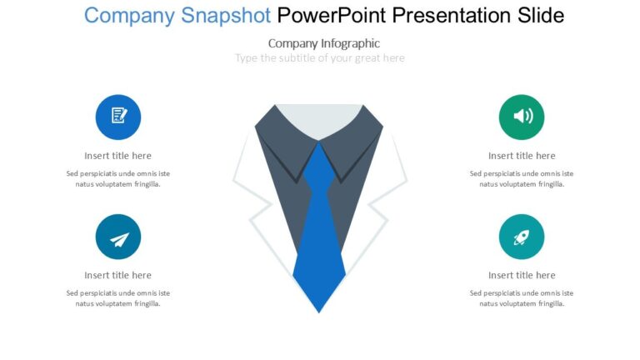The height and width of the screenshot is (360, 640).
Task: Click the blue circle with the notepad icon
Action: (x=118, y=117)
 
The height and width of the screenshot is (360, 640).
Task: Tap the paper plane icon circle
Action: (x=118, y=237)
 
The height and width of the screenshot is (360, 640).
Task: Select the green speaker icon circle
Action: (x=522, y=117)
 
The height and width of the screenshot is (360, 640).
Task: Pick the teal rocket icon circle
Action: (x=522, y=237)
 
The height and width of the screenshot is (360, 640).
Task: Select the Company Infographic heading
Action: (x=324, y=43)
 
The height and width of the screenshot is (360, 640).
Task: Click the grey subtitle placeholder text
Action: (x=320, y=58)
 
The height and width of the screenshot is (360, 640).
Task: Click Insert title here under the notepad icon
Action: (x=118, y=156)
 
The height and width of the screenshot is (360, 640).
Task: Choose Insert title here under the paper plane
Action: (x=118, y=276)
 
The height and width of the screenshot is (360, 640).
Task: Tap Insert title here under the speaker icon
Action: (x=522, y=156)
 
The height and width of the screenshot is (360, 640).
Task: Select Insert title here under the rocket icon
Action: (x=522, y=276)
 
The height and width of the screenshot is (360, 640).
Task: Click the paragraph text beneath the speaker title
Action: (x=522, y=179)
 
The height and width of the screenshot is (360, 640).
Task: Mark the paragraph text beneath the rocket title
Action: (x=522, y=298)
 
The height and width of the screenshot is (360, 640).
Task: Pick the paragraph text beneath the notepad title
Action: (x=118, y=179)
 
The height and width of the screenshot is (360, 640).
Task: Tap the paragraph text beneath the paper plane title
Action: (x=118, y=298)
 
